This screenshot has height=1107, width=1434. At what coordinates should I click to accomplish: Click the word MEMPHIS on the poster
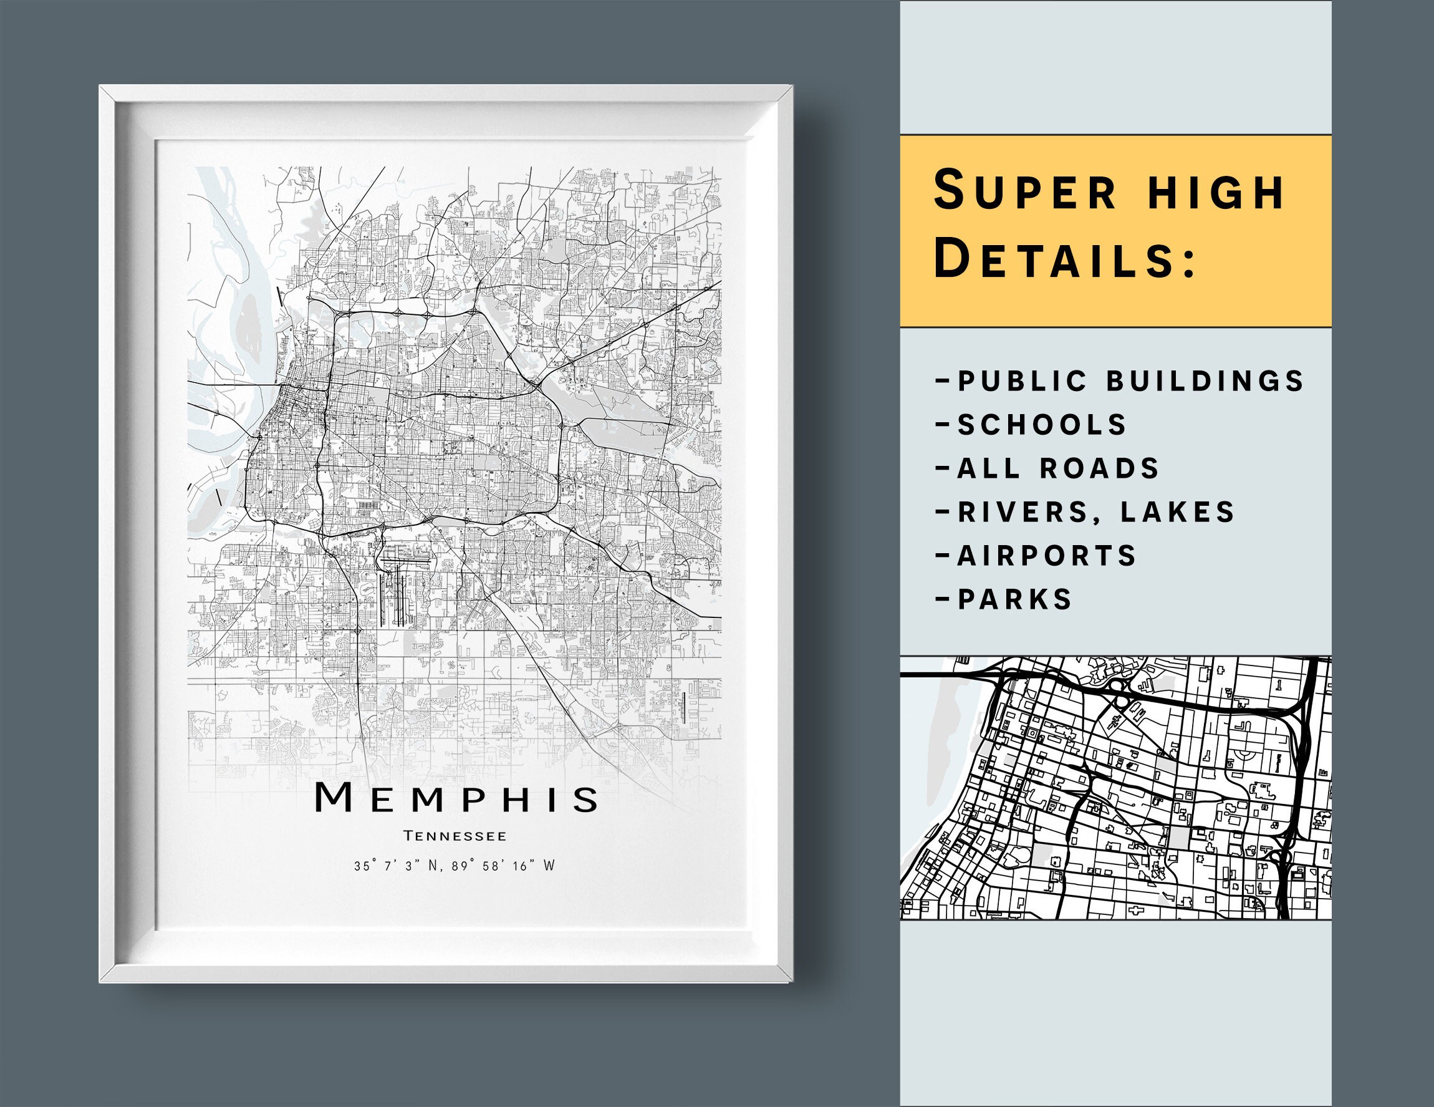tap(456, 798)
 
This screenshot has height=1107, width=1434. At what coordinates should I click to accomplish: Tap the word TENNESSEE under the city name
tap(455, 836)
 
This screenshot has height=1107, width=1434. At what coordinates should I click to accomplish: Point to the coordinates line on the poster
tap(455, 866)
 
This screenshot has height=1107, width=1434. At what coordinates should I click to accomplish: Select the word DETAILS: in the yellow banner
tap(1064, 258)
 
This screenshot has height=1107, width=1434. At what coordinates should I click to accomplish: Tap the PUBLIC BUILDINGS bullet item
tap(1120, 381)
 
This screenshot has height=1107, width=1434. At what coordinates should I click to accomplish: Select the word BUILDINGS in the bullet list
tap(1205, 381)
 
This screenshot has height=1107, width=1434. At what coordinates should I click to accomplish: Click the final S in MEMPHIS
tap(584, 799)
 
